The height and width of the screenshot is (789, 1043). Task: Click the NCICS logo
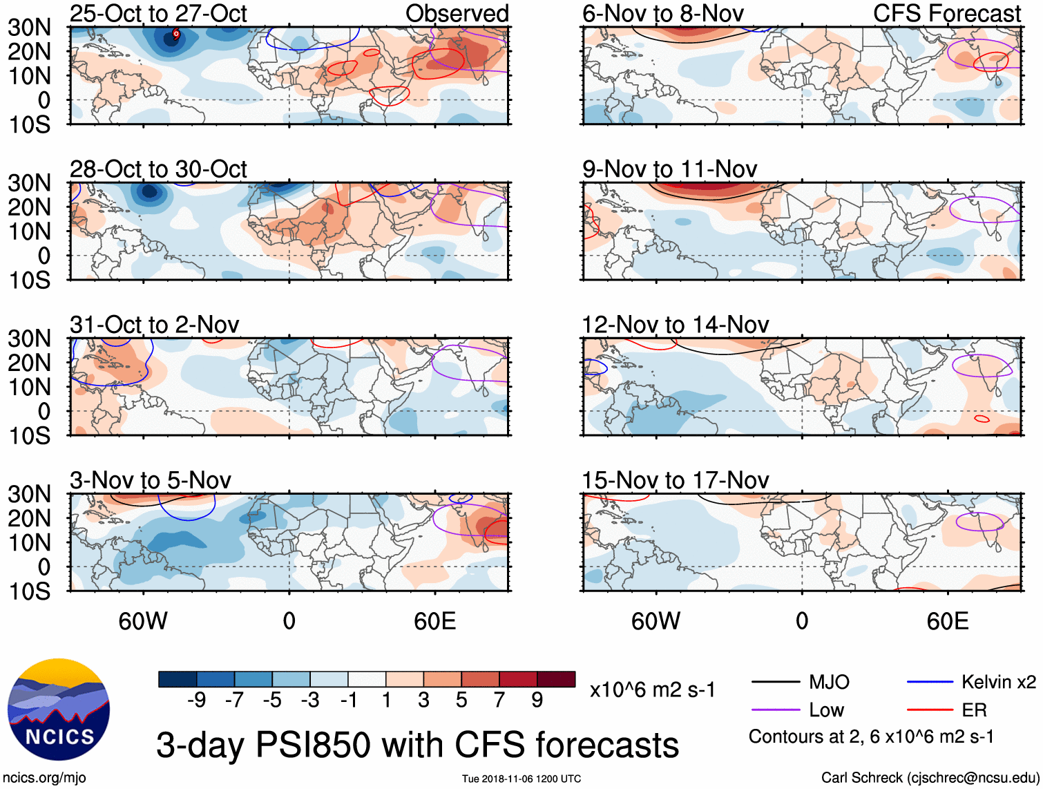point(59,710)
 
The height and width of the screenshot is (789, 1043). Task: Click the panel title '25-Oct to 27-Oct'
point(158,13)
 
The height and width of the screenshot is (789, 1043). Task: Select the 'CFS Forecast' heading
point(947,13)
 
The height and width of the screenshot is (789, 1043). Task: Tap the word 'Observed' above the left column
point(457,13)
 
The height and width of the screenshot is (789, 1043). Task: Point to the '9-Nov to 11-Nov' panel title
point(669,169)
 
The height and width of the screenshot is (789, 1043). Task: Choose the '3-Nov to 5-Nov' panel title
point(150,479)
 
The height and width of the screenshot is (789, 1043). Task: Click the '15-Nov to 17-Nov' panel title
point(675,479)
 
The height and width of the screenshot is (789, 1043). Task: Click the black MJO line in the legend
point(776,683)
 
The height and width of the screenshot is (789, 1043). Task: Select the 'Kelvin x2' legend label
point(998,683)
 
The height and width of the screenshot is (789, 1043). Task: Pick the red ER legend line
point(930,710)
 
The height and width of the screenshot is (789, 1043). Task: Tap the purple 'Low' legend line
point(776,710)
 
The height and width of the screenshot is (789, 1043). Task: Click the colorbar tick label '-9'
point(196,700)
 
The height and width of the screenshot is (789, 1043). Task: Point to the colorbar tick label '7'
point(499,700)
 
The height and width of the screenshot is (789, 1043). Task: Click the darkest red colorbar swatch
point(556,679)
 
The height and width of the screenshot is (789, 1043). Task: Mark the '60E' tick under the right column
point(947,621)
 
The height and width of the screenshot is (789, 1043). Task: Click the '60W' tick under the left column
point(143,621)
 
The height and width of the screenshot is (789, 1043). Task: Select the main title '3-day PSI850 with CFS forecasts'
point(417,745)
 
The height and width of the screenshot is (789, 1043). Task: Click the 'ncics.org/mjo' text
point(44,778)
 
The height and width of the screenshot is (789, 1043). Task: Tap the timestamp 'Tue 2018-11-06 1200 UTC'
point(521,779)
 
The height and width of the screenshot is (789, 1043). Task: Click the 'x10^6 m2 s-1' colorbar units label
point(652,690)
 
